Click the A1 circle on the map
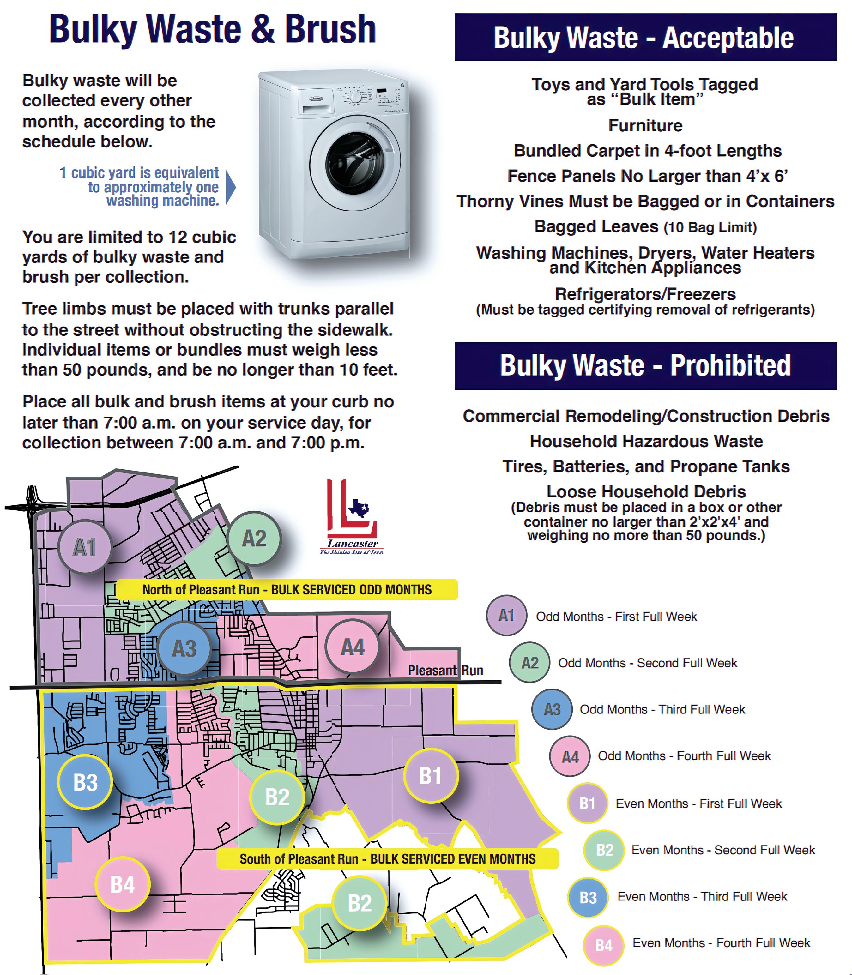click(x=85, y=547)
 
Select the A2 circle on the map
click(x=254, y=539)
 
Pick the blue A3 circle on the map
click(x=184, y=648)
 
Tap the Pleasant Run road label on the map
click(x=445, y=670)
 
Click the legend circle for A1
click(x=506, y=616)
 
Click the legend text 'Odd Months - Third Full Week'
click(x=662, y=709)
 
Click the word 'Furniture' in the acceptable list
click(x=645, y=125)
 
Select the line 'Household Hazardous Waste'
click(x=646, y=441)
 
